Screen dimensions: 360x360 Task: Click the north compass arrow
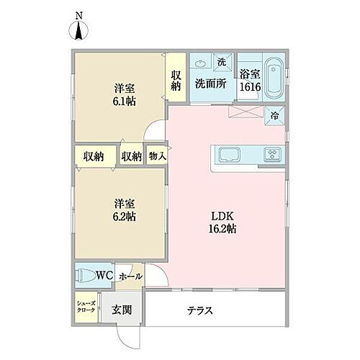point(78,30)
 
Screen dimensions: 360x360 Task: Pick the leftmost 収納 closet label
point(94,156)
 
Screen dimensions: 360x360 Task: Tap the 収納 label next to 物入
point(132,156)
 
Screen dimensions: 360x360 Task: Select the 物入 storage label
point(157,156)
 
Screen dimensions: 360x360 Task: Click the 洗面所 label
point(210,83)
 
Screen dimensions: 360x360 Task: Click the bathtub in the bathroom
point(274,79)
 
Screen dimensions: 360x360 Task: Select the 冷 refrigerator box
point(274,114)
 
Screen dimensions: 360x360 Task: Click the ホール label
point(130,276)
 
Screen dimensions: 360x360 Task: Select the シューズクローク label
point(86,307)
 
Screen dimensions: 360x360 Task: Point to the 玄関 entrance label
point(121,310)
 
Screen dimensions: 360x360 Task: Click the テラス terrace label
point(199,311)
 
